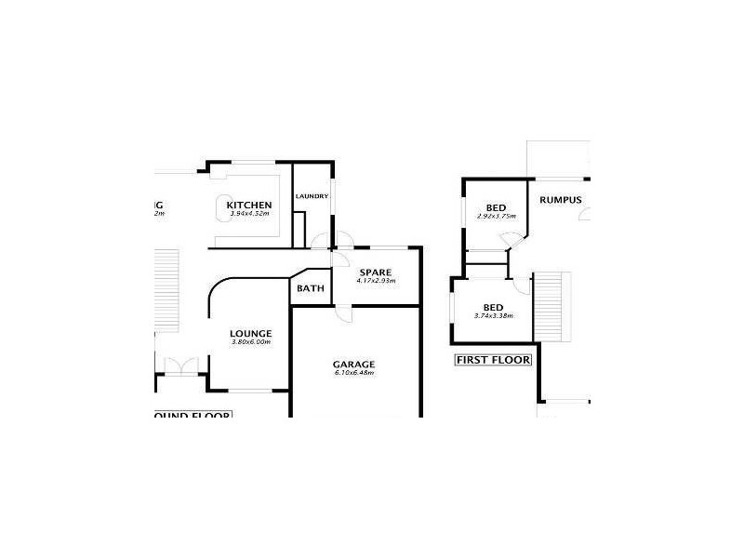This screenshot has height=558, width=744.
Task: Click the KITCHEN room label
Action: (x=249, y=205)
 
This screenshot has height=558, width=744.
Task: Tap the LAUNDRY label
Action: (x=312, y=196)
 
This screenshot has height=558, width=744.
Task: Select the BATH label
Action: (x=310, y=288)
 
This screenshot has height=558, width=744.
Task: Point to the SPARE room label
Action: (x=377, y=272)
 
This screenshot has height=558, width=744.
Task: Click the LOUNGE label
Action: (x=250, y=334)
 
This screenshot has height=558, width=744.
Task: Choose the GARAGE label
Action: (x=353, y=364)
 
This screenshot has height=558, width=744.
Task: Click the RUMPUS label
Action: (x=561, y=200)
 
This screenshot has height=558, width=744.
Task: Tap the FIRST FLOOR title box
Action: (x=491, y=359)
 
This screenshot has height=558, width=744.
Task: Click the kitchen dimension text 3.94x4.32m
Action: (x=249, y=215)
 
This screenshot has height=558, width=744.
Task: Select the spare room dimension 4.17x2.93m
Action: (x=377, y=281)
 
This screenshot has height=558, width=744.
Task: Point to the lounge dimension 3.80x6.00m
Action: (x=250, y=342)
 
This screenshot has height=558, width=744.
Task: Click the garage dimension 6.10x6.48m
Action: (x=353, y=373)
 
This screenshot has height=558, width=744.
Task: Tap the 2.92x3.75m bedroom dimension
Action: (x=496, y=216)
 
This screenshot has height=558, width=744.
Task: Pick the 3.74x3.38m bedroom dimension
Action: (x=493, y=316)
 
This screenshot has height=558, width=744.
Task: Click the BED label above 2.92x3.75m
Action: (x=496, y=206)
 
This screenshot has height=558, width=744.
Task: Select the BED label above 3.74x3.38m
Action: (x=493, y=307)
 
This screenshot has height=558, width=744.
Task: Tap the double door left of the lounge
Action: (x=178, y=365)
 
